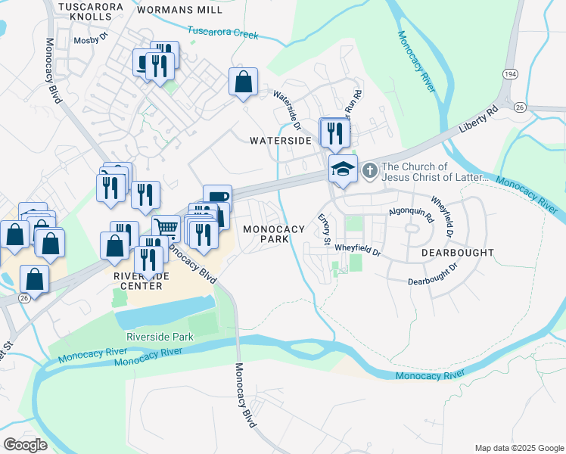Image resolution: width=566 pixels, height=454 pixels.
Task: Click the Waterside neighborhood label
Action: pyautogui.click(x=281, y=141)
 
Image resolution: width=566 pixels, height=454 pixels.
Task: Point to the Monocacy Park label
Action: pyautogui.click(x=272, y=234)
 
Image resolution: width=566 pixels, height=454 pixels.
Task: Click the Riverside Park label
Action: pyautogui.click(x=160, y=337)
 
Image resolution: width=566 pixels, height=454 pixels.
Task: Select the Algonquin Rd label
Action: pyautogui.click(x=409, y=214)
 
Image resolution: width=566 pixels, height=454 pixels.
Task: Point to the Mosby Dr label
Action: pyautogui.click(x=91, y=41)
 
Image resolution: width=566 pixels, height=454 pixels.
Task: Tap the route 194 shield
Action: pyautogui.click(x=509, y=73)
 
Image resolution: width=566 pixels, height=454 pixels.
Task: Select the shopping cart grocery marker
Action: pyautogui.click(x=166, y=227)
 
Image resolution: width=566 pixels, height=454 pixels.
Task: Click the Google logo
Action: pyautogui.click(x=25, y=445)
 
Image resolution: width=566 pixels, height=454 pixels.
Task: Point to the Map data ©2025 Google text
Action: pyautogui.click(x=518, y=447)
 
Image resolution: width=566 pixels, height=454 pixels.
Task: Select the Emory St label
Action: pyautogui.click(x=325, y=229)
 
